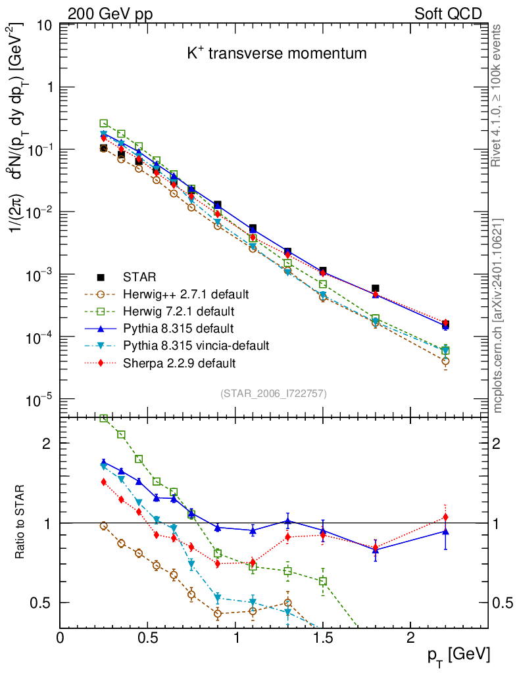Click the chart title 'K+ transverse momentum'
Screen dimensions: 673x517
[x=277, y=54]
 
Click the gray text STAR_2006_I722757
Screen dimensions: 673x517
[x=273, y=394]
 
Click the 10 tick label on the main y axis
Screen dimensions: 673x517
[x=45, y=25]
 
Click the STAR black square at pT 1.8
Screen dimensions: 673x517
[x=376, y=289]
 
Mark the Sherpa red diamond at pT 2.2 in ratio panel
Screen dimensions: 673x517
[x=445, y=517]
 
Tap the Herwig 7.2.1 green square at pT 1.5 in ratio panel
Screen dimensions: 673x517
[x=323, y=581]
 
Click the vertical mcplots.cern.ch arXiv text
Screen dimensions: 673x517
[x=498, y=315]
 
